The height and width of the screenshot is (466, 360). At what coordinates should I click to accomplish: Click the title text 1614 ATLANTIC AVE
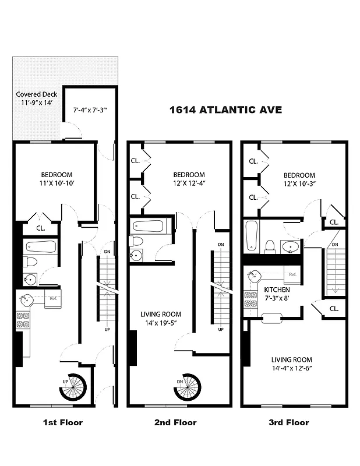click(x=225, y=110)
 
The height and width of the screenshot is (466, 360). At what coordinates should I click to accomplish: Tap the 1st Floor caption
click(x=63, y=422)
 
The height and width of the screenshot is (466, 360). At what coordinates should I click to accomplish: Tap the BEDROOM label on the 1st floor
click(x=57, y=175)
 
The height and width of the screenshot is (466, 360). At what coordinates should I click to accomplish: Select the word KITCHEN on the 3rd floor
click(x=277, y=290)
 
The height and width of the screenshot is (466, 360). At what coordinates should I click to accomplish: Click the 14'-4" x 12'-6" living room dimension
click(x=291, y=369)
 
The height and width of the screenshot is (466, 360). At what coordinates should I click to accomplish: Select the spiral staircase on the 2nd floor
click(x=188, y=387)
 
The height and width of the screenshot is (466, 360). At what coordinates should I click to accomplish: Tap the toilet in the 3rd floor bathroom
click(x=270, y=246)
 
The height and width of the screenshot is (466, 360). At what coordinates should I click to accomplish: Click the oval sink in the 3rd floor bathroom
click(x=290, y=247)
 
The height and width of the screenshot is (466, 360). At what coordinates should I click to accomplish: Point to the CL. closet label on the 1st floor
click(x=41, y=228)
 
